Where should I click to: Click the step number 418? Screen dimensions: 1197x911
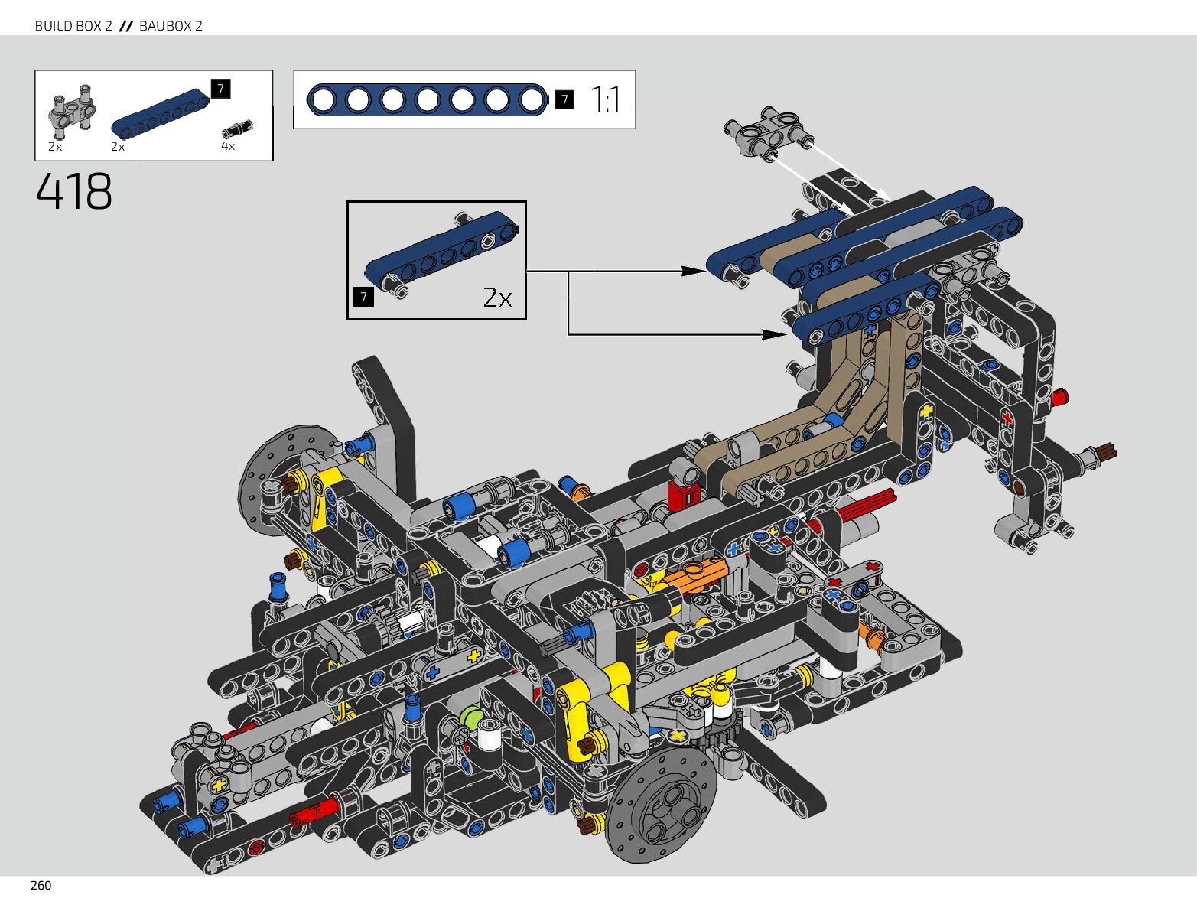coord(73,191)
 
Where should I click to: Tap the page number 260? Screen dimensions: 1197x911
coord(41,886)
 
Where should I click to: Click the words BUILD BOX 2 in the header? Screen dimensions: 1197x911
coord(73,26)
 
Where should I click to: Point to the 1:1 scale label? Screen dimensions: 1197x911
coord(605,99)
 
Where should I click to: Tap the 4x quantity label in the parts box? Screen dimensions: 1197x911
coord(228,146)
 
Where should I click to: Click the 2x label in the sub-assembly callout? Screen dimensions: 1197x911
coord(497,298)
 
